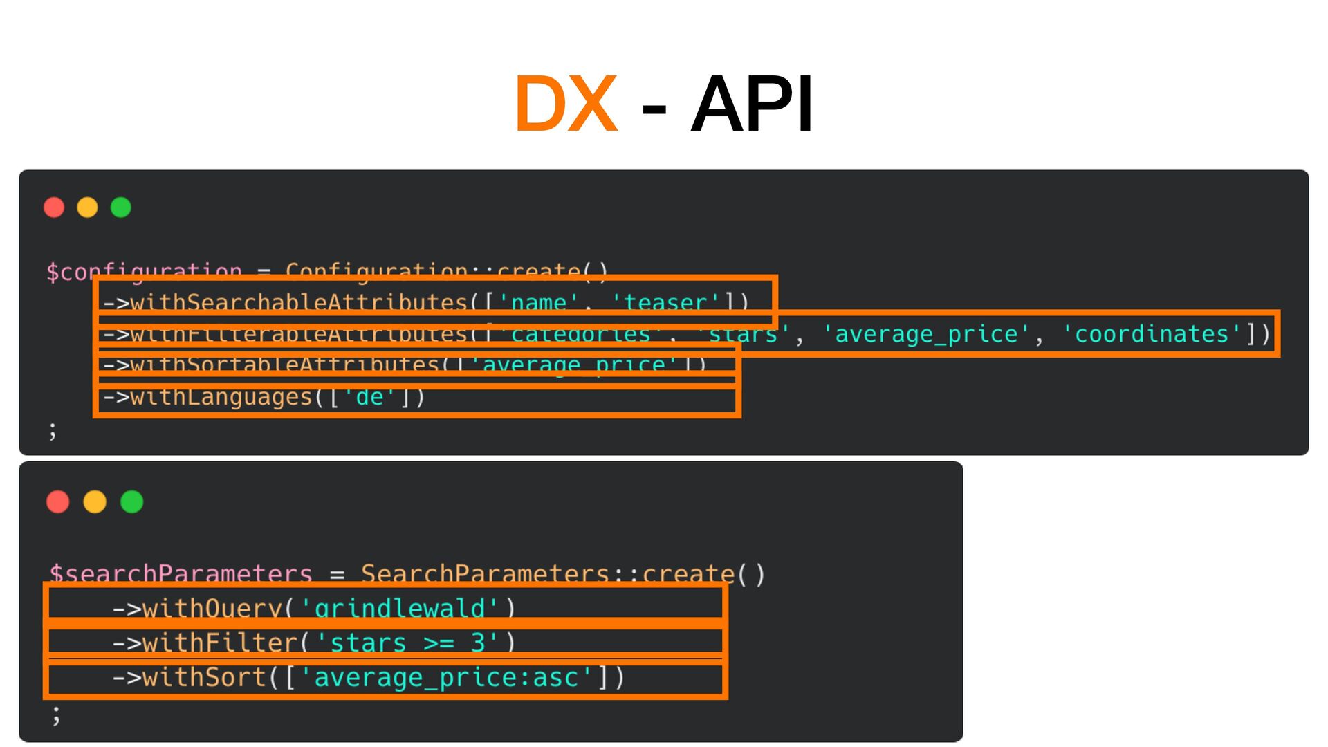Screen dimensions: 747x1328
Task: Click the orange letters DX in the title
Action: pyautogui.click(x=566, y=104)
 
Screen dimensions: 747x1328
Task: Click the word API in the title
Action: pyautogui.click(x=752, y=104)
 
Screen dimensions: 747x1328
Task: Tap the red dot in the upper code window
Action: pyautogui.click(x=54, y=207)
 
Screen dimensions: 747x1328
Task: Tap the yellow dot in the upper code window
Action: pyautogui.click(x=87, y=207)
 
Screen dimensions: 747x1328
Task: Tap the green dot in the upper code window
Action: pyautogui.click(x=121, y=207)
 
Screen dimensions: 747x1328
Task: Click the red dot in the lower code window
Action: pyautogui.click(x=58, y=501)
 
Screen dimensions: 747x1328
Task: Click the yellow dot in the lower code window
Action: pyautogui.click(x=95, y=501)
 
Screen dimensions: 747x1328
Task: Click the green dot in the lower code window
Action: pyautogui.click(x=132, y=501)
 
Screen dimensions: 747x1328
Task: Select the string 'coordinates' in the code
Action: pyautogui.click(x=1151, y=334)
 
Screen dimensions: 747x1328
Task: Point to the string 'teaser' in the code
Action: pyautogui.click(x=665, y=302)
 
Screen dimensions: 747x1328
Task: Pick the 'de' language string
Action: pyautogui.click(x=369, y=397)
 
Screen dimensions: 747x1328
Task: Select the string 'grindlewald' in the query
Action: pyautogui.click(x=399, y=608)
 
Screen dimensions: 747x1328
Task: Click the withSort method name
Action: pyautogui.click(x=204, y=677)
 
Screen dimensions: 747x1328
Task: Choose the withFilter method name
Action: pyautogui.click(x=219, y=643)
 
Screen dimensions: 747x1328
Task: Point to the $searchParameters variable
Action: pyautogui.click(x=181, y=573)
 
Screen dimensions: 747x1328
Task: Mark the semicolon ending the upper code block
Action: pyautogui.click(x=53, y=431)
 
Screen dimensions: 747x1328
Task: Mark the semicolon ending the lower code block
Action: pyautogui.click(x=56, y=714)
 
